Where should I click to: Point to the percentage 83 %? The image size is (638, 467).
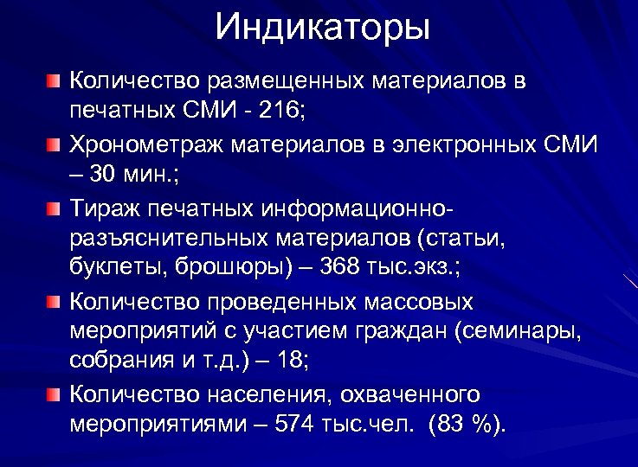[474, 426]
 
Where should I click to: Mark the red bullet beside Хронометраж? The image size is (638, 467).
[55, 141]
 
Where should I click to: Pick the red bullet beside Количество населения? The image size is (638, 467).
[55, 394]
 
